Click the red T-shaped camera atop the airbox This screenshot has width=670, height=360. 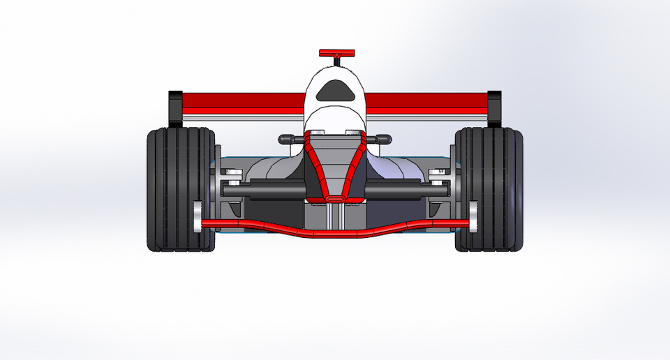336,54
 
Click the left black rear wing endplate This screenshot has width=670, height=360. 174,107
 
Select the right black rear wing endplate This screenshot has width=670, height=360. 494,107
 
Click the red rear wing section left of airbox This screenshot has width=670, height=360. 244,103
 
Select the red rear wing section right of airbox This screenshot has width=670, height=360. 426,103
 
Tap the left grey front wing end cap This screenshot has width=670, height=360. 198,218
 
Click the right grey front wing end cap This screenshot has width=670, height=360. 473,218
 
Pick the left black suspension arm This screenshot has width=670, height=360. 269,188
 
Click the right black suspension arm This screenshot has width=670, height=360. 401,188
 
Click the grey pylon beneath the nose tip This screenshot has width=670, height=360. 335,216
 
